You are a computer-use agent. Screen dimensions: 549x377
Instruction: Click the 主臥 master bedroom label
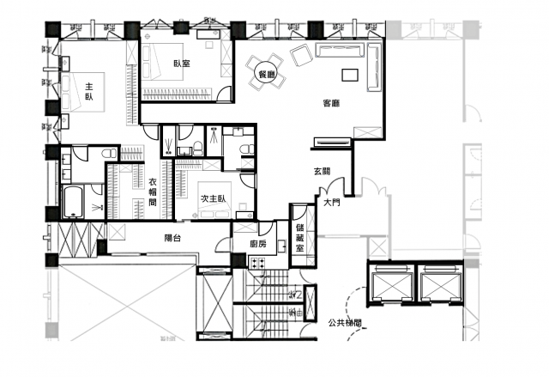click(89, 91)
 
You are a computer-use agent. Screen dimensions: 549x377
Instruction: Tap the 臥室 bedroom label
click(182, 64)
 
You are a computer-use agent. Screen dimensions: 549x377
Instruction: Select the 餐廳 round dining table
click(266, 74)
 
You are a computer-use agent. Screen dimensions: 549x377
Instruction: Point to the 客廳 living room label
click(331, 103)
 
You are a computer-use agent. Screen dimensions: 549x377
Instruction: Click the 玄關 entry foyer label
click(323, 172)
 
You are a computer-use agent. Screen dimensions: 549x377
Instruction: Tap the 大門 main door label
click(331, 202)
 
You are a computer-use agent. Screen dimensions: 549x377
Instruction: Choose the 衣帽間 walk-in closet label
click(153, 192)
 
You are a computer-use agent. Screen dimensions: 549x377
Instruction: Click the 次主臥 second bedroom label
click(213, 198)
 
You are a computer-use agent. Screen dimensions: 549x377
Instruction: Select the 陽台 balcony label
click(172, 238)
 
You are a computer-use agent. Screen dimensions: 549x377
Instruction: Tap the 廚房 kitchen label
click(258, 244)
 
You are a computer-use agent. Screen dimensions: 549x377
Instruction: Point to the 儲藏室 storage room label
click(300, 237)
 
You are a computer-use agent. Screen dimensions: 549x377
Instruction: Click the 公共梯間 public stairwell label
click(345, 323)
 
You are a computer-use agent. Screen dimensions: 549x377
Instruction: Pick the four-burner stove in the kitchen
click(256, 263)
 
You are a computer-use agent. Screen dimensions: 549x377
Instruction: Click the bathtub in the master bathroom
click(74, 202)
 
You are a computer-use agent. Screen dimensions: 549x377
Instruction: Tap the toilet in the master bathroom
click(111, 153)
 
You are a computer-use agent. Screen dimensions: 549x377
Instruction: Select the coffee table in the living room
click(350, 75)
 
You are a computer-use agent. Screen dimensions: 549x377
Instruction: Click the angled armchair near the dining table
click(301, 55)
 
